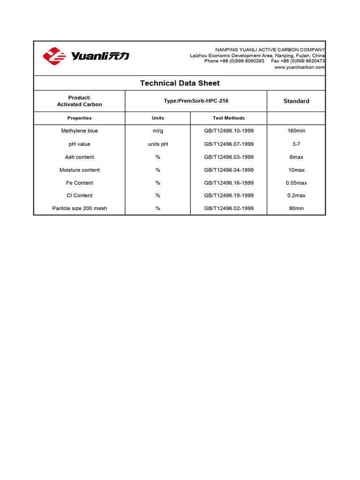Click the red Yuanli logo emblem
pyautogui.click(x=55, y=56)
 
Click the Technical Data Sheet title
pyautogui.click(x=180, y=83)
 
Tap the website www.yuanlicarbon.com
pyautogui.click(x=300, y=67)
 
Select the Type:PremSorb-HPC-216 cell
pyautogui.click(x=196, y=101)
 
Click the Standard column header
pyautogui.click(x=296, y=101)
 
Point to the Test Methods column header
pyautogui.click(x=229, y=118)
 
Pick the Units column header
pyautogui.click(x=158, y=118)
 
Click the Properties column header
pyautogui.click(x=79, y=118)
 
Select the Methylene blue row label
pyautogui.click(x=79, y=131)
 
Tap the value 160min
pyautogui.click(x=296, y=131)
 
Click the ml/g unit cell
pyautogui.click(x=158, y=131)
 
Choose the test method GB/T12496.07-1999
pyautogui.click(x=229, y=144)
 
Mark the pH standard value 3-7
pyautogui.click(x=296, y=144)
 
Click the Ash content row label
pyautogui.click(x=79, y=157)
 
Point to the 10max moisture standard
pyautogui.click(x=296, y=170)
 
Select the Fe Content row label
pyautogui.click(x=79, y=183)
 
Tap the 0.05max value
pyautogui.click(x=296, y=183)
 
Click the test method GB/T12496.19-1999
pyautogui.click(x=229, y=195)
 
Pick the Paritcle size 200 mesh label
pyautogui.click(x=79, y=208)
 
